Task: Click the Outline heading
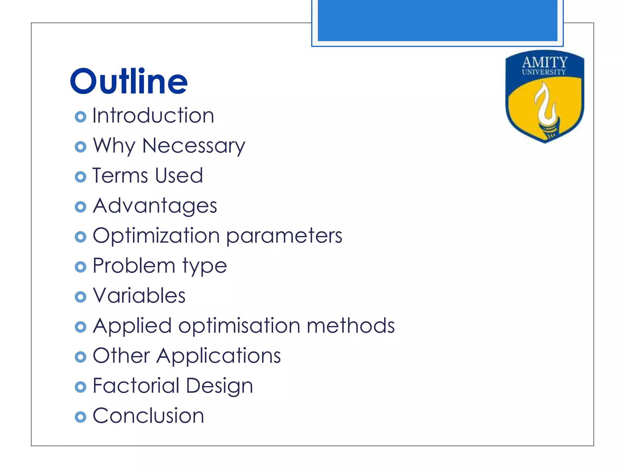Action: [x=128, y=81]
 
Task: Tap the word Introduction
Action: [x=153, y=116]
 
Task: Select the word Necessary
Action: [x=193, y=146]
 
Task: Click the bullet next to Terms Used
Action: [x=80, y=176]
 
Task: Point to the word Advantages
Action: [x=155, y=205]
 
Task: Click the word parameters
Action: [x=284, y=236]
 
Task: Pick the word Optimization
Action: [x=156, y=236]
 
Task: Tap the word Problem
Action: [x=134, y=265]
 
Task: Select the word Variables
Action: [x=139, y=296]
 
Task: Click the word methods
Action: [x=351, y=325]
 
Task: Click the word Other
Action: [x=121, y=355]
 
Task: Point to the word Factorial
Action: [x=136, y=385]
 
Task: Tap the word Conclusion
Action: [x=148, y=416]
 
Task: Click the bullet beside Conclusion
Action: [x=80, y=417]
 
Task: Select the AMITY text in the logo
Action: [x=545, y=62]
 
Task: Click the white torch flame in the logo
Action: [x=545, y=104]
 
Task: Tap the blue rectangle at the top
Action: [x=437, y=20]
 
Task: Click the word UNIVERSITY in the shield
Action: [x=544, y=72]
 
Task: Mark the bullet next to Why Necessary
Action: [x=80, y=147]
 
